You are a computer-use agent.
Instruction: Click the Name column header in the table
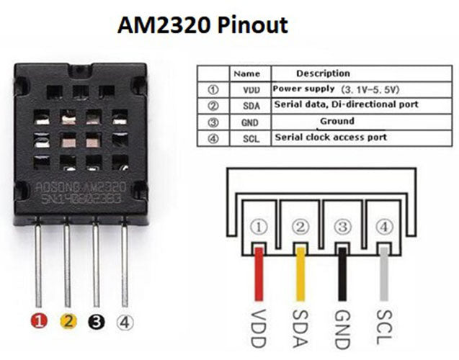click(246, 73)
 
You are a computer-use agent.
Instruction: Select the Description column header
click(322, 73)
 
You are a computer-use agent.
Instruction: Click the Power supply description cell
click(334, 89)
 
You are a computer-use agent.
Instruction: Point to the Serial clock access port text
click(330, 137)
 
